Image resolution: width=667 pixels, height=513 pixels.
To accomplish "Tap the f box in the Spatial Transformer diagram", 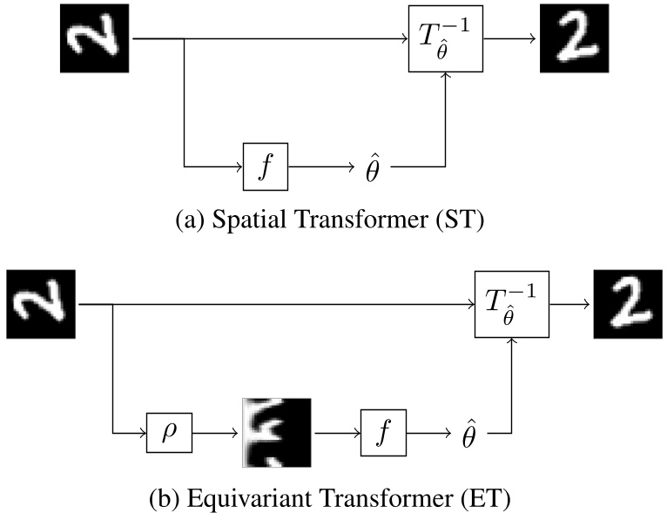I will pyautogui.click(x=266, y=165).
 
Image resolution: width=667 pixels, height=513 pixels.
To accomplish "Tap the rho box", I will pyautogui.click(x=170, y=431).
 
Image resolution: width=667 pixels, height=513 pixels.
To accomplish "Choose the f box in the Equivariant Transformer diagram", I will pyautogui.click(x=384, y=431).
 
